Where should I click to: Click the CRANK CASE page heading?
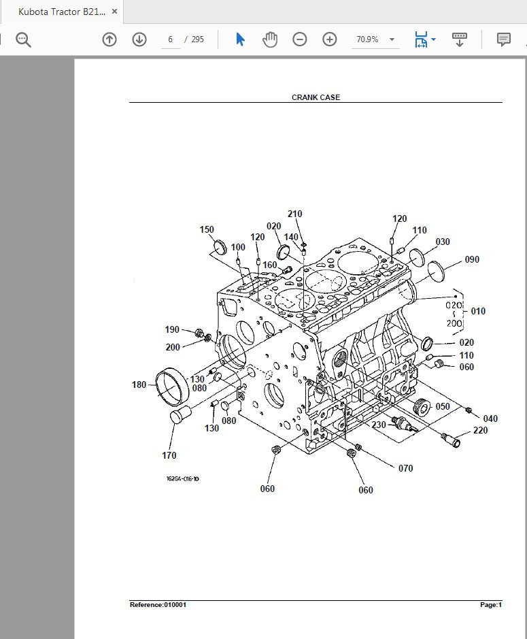[316, 97]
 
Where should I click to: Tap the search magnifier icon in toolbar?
[24, 39]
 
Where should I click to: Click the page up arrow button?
[109, 39]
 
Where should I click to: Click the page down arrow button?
[139, 39]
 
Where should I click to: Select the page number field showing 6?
[171, 39]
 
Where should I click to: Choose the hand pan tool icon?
[270, 39]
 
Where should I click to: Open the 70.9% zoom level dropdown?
[375, 39]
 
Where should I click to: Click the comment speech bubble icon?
[503, 39]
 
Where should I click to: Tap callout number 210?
[294, 214]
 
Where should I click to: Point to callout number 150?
[207, 229]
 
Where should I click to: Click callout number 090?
[472, 259]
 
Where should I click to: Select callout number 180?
[139, 384]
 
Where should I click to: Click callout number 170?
[169, 455]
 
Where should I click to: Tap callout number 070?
[405, 468]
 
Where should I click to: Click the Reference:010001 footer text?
[158, 605]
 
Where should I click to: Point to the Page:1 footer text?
[490, 605]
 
